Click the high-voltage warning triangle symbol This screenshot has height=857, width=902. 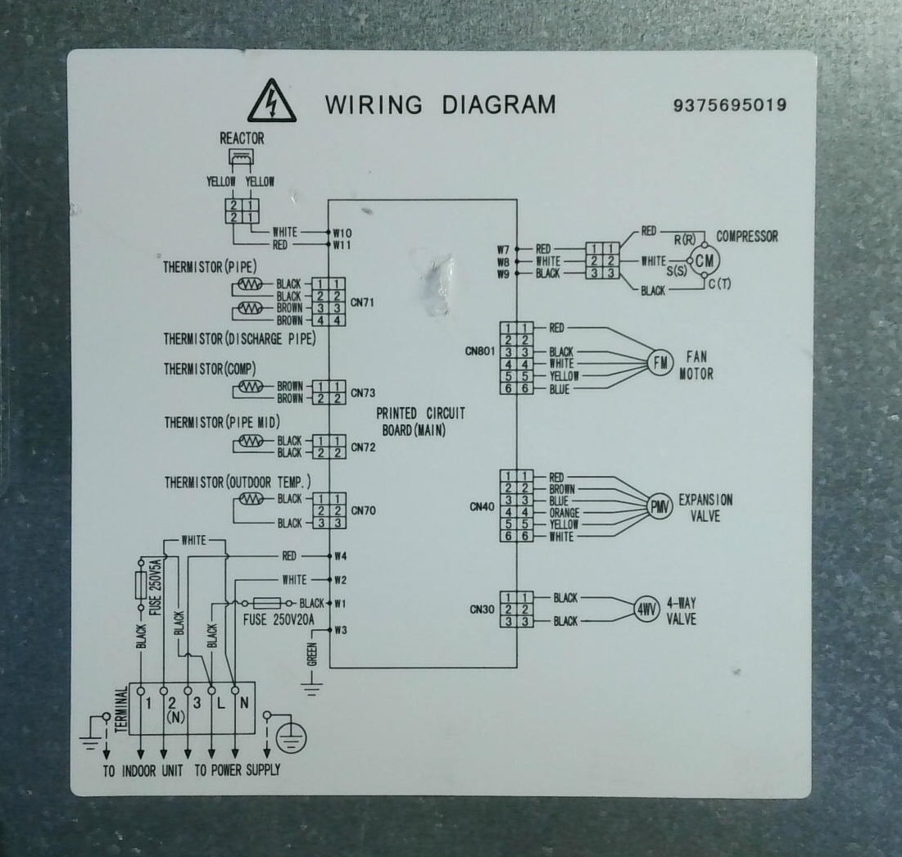pyautogui.click(x=272, y=102)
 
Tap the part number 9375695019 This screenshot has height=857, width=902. pyautogui.click(x=730, y=105)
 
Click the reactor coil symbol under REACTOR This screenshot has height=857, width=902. pyautogui.click(x=241, y=157)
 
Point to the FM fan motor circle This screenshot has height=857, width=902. pyautogui.click(x=660, y=363)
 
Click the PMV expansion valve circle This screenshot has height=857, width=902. pyautogui.click(x=660, y=506)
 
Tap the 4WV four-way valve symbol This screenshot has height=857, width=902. pyautogui.click(x=646, y=610)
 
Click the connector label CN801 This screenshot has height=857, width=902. pyautogui.click(x=480, y=351)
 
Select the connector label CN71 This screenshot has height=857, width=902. pyautogui.click(x=362, y=302)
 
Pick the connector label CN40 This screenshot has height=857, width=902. pyautogui.click(x=482, y=506)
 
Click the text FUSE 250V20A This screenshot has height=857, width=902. pyautogui.click(x=279, y=620)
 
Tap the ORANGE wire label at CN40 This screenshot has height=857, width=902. pyautogui.click(x=564, y=512)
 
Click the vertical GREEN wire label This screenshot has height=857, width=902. pyautogui.click(x=312, y=655)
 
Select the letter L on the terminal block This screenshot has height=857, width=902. pyautogui.click(x=221, y=704)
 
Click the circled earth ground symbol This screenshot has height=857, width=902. pyautogui.click(x=291, y=738)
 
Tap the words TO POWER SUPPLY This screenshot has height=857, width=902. pyautogui.click(x=237, y=770)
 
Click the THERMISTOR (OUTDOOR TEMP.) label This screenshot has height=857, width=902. pyautogui.click(x=238, y=482)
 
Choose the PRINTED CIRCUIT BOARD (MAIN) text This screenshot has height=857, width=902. pyautogui.click(x=420, y=422)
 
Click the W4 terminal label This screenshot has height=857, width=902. pyautogui.click(x=341, y=556)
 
